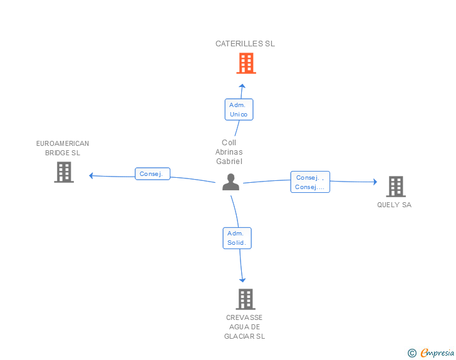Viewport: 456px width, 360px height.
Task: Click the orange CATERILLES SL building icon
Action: click(x=246, y=63)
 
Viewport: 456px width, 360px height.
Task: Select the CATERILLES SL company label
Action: click(x=245, y=44)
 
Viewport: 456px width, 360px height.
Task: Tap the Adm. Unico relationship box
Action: click(x=239, y=110)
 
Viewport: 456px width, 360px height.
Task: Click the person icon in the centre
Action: click(x=231, y=182)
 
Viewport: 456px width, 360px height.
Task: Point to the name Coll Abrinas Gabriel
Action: click(x=229, y=152)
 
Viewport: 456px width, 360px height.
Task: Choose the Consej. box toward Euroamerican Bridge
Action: click(x=152, y=174)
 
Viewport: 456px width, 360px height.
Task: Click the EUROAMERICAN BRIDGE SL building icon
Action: click(x=64, y=172)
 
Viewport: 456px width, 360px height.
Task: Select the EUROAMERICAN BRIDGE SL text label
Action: click(x=63, y=148)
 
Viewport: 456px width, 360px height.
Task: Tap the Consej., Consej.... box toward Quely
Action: click(x=310, y=182)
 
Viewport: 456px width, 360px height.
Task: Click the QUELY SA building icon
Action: click(x=395, y=186)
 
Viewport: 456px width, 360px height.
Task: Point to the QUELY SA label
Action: click(x=394, y=205)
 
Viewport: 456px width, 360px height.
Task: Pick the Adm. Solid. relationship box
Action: click(x=237, y=238)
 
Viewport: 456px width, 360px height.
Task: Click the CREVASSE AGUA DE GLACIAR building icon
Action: click(x=246, y=299)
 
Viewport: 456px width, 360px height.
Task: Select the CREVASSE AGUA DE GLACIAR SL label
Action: click(x=245, y=327)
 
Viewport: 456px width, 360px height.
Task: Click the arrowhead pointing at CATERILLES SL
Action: click(x=242, y=86)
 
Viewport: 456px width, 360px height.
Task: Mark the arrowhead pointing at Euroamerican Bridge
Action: click(x=91, y=175)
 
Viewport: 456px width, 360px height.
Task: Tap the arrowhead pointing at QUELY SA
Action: click(x=375, y=182)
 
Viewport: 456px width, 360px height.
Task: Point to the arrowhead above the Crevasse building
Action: click(x=242, y=280)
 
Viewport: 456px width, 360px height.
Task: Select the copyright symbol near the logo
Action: click(x=412, y=353)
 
